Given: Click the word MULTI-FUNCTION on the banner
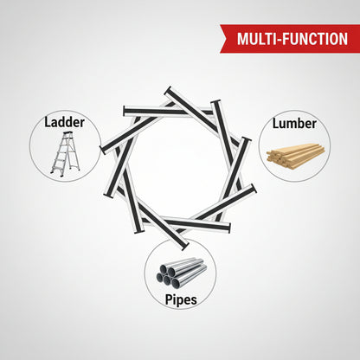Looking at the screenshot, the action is [x=292, y=39].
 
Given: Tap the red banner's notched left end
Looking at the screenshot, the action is [x=222, y=39].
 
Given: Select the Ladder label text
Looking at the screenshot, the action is [x=64, y=122].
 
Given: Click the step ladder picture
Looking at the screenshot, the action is [x=65, y=154].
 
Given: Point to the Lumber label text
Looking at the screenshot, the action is [x=294, y=124].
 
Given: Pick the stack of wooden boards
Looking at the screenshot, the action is [x=296, y=156].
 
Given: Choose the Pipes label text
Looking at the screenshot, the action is [x=181, y=300].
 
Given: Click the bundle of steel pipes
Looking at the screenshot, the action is [x=182, y=273].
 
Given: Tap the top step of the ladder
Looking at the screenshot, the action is [x=68, y=133].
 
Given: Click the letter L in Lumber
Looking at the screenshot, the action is [x=276, y=124].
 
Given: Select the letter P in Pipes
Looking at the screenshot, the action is [x=169, y=299].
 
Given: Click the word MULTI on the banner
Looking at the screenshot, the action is [x=256, y=39].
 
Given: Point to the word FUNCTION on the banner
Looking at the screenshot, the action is [x=315, y=39].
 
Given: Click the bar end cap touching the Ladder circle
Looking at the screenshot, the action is [x=102, y=150].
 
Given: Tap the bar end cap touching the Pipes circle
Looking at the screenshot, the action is [x=185, y=247].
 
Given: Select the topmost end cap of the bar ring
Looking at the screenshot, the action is [x=169, y=90].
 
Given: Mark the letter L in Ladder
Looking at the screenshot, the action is [x=48, y=122].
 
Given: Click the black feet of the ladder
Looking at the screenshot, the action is [x=61, y=174].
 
